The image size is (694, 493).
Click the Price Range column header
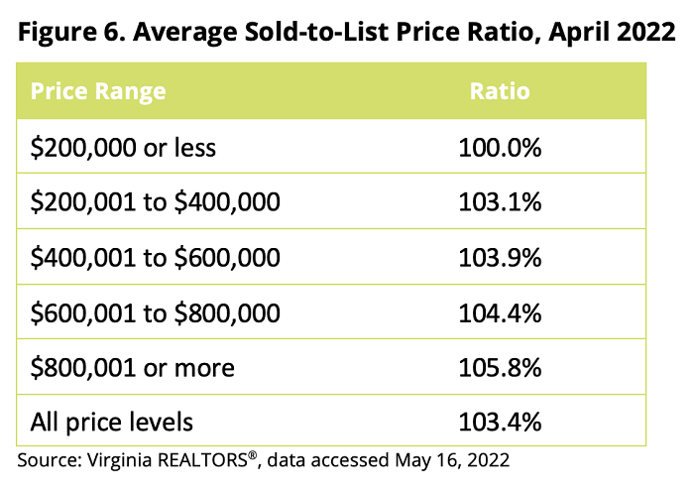click(98, 92)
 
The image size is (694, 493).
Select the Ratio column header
click(500, 92)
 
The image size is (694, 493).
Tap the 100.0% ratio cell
click(500, 148)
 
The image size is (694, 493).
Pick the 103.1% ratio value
click(500, 202)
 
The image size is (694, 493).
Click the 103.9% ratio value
click(500, 258)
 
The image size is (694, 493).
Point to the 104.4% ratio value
click(500, 312)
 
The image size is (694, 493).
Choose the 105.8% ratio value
click(500, 367)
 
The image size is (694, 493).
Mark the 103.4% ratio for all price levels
click(500, 422)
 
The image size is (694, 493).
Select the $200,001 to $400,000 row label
click(157, 202)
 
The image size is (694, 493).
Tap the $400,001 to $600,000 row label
click(157, 258)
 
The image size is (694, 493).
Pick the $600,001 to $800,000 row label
click(157, 312)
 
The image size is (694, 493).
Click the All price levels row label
click(112, 422)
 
